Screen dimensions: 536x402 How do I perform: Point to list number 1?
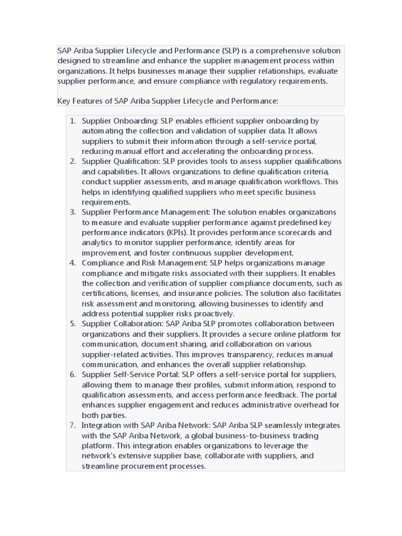coord(73,121)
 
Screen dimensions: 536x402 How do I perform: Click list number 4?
coord(73,263)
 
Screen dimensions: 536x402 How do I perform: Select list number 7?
coord(73,426)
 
